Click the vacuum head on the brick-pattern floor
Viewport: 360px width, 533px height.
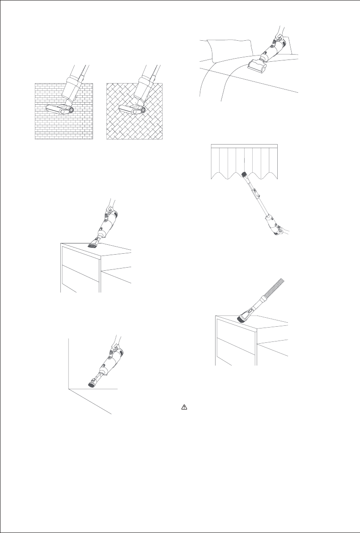60,109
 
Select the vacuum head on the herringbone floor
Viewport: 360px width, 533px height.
132,109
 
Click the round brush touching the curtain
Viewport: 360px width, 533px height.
244,173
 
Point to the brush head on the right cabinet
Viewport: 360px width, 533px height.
244,317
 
